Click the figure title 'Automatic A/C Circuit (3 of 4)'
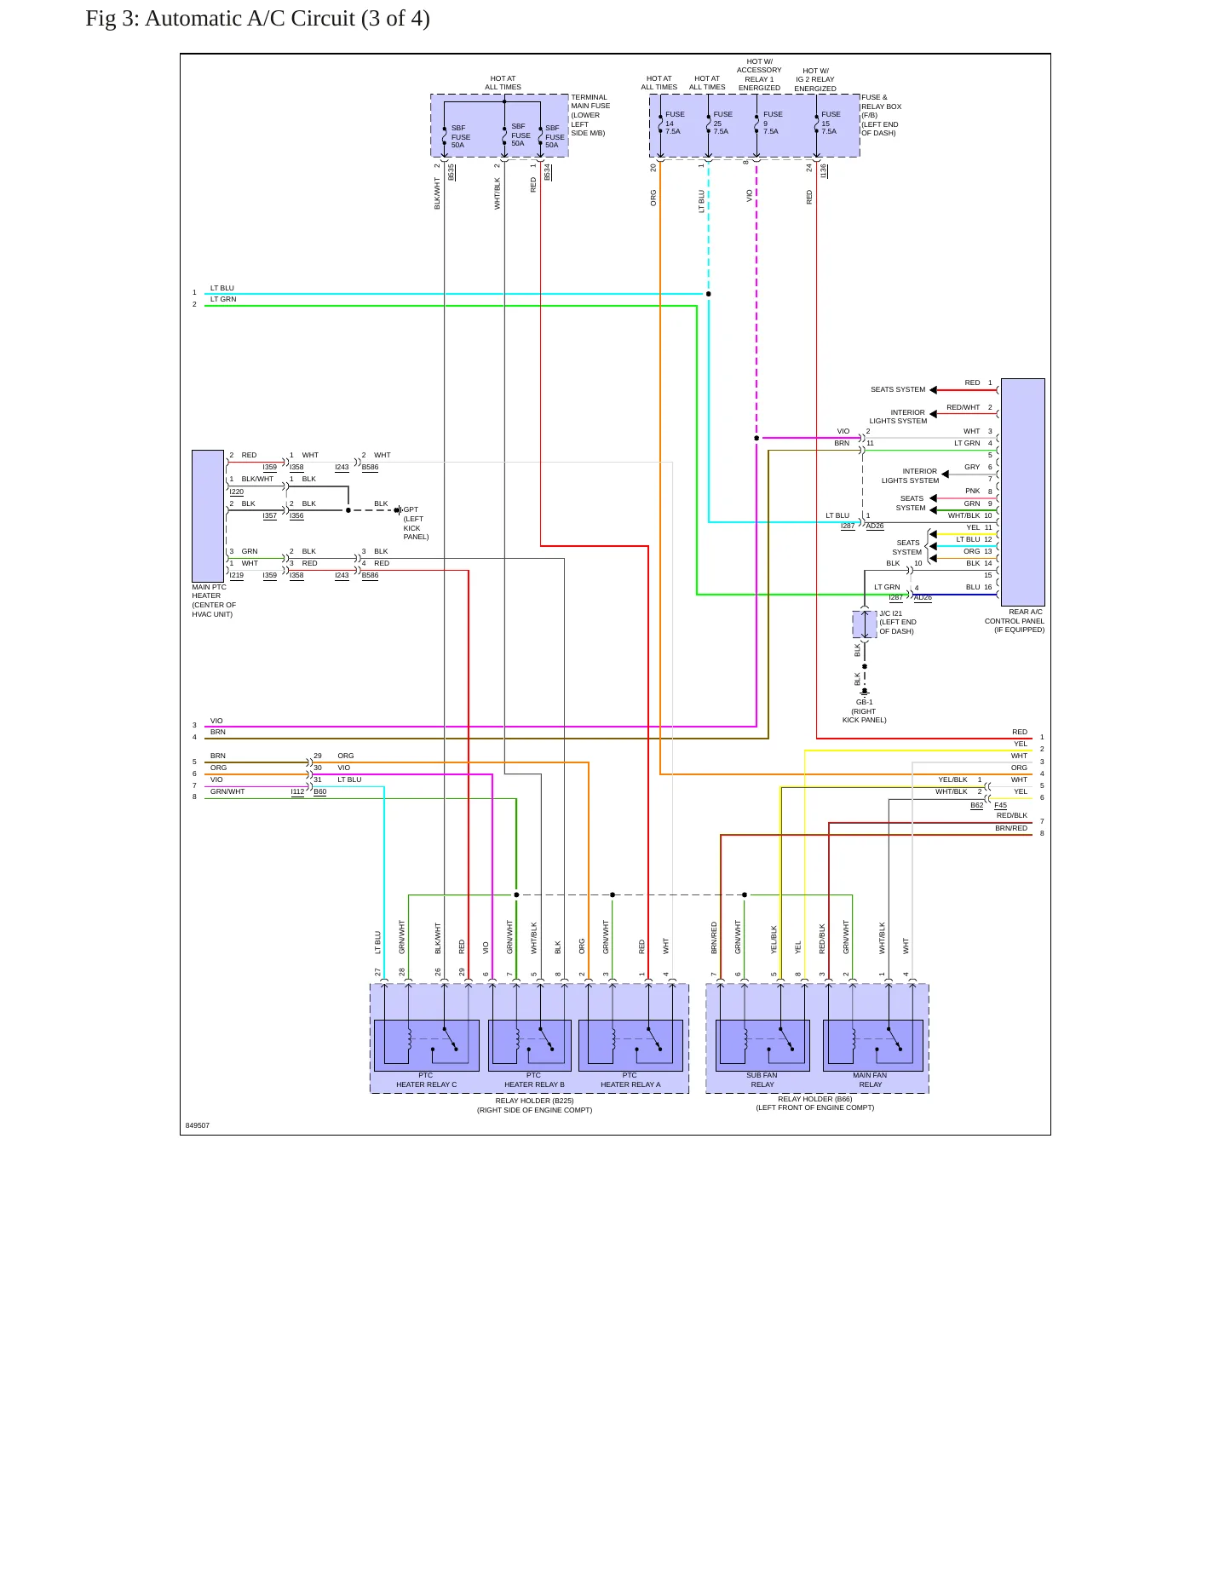pyautogui.click(x=287, y=19)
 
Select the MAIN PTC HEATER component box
pyautogui.click(x=208, y=516)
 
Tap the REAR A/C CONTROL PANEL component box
pyautogui.click(x=1022, y=492)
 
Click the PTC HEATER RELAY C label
pyautogui.click(x=426, y=1080)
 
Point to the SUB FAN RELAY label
pyautogui.click(x=762, y=1080)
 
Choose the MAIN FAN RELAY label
pyautogui.click(x=870, y=1080)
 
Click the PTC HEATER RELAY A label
pyautogui.click(x=630, y=1080)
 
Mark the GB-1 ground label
pyautogui.click(x=865, y=703)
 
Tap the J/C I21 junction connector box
pyautogui.click(x=865, y=624)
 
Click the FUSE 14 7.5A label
pyautogui.click(x=674, y=123)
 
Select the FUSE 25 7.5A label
pyautogui.click(x=722, y=123)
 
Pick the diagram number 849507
pyautogui.click(x=198, y=1125)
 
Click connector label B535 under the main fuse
pyautogui.click(x=452, y=171)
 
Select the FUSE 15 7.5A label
pyautogui.click(x=830, y=123)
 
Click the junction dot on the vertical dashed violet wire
pyautogui.click(x=756, y=438)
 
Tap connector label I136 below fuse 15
pyautogui.click(x=824, y=171)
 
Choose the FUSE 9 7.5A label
pyautogui.click(x=772, y=123)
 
